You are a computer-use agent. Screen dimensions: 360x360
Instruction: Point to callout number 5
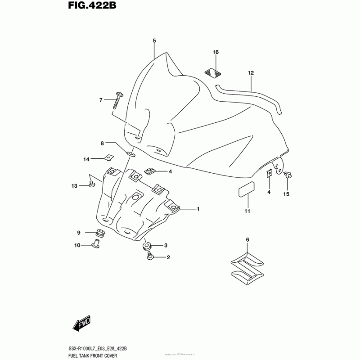click(154, 41)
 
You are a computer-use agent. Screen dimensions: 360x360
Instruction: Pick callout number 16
click(216, 53)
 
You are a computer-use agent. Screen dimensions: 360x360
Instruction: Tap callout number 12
click(251, 73)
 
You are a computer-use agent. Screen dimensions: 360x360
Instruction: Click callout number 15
click(286, 194)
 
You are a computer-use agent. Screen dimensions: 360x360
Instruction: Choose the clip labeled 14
click(108, 157)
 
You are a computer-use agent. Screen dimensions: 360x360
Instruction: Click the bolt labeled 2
click(150, 256)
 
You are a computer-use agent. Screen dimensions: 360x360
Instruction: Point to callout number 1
click(197, 209)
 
